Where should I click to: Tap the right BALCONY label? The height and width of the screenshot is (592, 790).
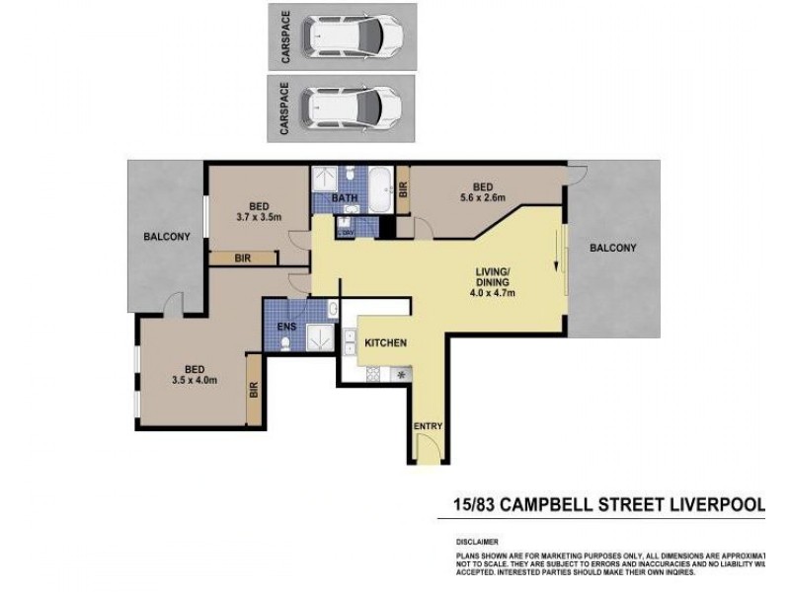click(612, 248)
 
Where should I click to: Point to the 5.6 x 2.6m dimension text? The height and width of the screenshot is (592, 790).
click(483, 197)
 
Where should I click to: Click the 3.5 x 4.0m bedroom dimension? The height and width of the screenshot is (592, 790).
click(194, 380)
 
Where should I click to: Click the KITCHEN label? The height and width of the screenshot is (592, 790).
click(386, 342)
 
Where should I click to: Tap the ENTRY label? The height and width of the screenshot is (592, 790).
click(428, 426)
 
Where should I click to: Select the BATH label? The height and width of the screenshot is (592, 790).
click(345, 198)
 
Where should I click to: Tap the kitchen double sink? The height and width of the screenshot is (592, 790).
click(350, 342)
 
